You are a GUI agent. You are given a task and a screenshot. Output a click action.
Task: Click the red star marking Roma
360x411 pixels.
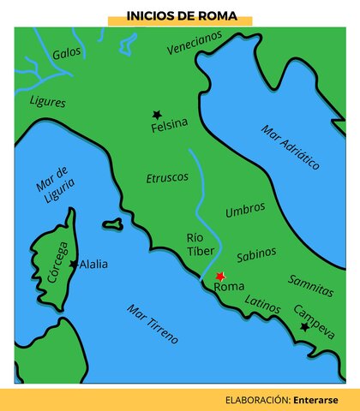click(220, 276)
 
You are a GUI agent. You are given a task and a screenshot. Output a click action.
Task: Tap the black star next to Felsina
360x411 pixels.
click(157, 114)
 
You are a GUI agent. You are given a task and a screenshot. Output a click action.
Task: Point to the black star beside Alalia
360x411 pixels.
click(73, 264)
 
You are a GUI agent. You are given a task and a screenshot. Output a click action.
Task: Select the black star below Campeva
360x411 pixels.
click(303, 326)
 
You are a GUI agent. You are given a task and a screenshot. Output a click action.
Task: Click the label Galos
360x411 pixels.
click(66, 53)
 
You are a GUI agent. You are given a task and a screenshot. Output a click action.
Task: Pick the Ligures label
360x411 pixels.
click(47, 101)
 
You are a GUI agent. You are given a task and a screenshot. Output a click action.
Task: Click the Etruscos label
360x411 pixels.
click(166, 177)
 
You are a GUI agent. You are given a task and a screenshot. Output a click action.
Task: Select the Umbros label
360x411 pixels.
click(244, 209)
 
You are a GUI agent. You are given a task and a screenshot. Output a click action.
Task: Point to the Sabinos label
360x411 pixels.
click(256, 253)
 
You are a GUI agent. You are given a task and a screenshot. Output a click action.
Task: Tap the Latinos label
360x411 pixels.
click(262, 302)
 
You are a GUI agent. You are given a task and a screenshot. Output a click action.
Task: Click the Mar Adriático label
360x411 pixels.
click(291, 147)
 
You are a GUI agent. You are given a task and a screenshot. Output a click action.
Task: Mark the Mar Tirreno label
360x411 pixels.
click(152, 323)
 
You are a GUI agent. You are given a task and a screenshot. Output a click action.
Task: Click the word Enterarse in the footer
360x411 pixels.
click(315, 399)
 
